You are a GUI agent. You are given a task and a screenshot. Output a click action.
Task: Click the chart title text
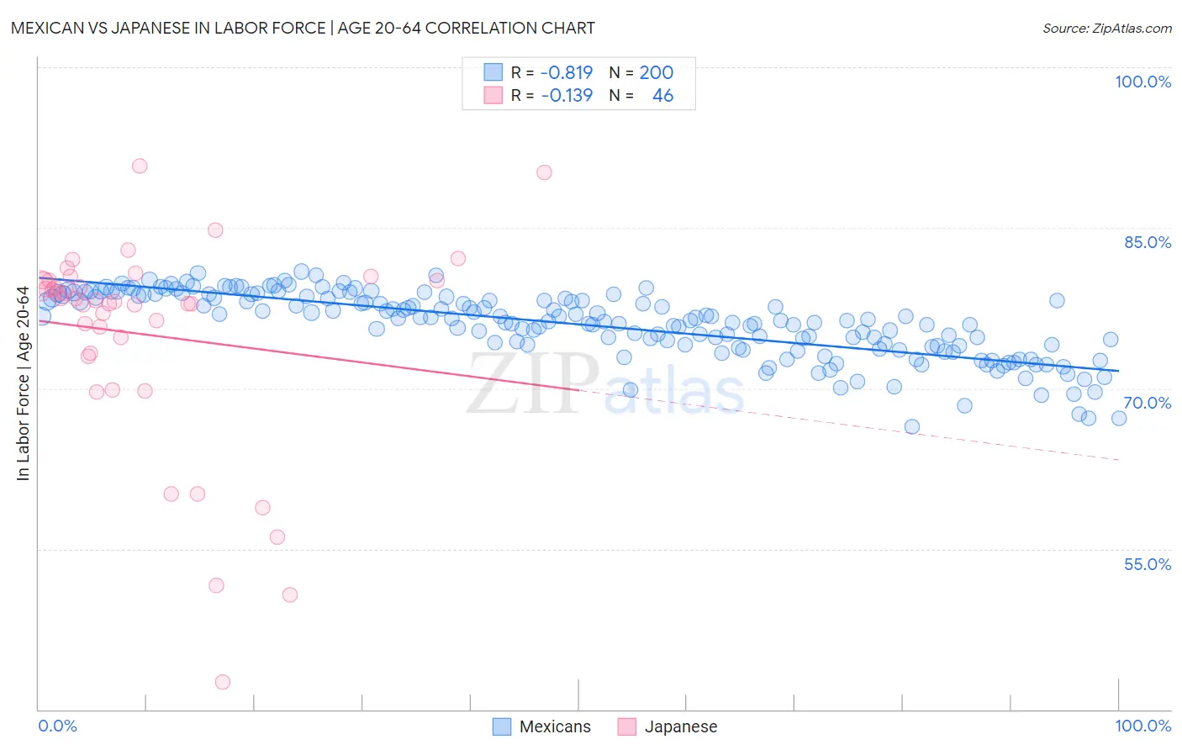[x=303, y=28]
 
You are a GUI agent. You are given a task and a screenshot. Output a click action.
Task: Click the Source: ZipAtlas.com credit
[x=1106, y=28]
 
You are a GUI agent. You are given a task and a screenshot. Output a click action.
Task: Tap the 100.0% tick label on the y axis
[x=1142, y=82]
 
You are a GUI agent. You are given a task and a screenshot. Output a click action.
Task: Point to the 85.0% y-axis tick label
[x=1147, y=242]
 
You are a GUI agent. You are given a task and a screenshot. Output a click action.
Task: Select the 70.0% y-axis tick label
[x=1147, y=403]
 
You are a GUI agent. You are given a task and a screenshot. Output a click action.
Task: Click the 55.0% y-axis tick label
[x=1147, y=564]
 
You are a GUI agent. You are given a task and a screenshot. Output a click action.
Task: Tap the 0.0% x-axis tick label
[x=57, y=726]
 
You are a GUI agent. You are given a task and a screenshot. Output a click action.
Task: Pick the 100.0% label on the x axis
[x=1142, y=726]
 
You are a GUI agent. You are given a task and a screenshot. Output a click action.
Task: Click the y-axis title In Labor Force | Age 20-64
[x=24, y=383]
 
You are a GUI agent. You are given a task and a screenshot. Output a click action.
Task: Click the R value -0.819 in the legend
[x=567, y=73]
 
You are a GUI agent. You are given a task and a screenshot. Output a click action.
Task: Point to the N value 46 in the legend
[x=662, y=96]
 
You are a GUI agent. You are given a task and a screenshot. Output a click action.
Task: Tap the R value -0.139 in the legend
[x=567, y=96]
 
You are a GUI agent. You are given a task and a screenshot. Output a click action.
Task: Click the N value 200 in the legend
[x=656, y=73]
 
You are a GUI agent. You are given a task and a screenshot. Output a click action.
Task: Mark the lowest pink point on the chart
[x=223, y=682]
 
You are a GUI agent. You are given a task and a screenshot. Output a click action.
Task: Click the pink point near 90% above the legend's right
[x=544, y=172]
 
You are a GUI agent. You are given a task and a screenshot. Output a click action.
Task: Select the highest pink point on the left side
[x=140, y=166]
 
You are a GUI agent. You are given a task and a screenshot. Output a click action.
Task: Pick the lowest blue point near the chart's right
[x=912, y=426]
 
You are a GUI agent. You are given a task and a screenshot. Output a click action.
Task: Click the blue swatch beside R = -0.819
[x=493, y=73]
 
